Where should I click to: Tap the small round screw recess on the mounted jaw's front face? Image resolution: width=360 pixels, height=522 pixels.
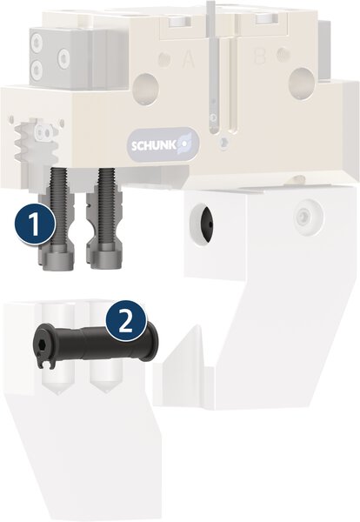coord(303,211)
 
